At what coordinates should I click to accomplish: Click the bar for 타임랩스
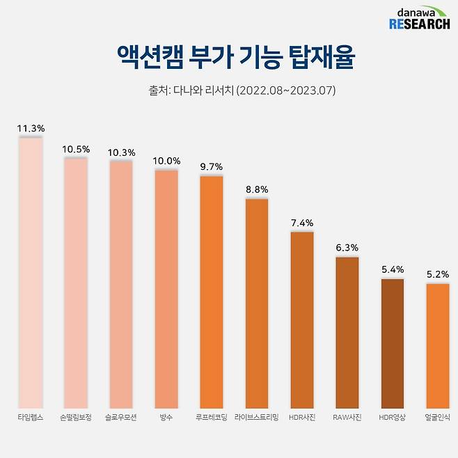point(31,271)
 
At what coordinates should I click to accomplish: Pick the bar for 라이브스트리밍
point(257,303)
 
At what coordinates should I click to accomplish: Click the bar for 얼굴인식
point(437,345)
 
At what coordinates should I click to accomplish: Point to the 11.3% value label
point(31,129)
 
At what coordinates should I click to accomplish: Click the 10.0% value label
point(166,161)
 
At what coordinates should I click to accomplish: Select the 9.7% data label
point(212,167)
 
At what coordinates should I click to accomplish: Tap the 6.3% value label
point(347,248)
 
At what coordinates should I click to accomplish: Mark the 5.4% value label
point(392,269)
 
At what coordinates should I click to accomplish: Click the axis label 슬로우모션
point(121,418)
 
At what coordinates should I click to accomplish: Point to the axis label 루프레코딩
point(212,418)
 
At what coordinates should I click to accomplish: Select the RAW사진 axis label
point(347,418)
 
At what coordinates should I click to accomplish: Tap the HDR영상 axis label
point(392,418)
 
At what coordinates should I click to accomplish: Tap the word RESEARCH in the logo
point(419,24)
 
